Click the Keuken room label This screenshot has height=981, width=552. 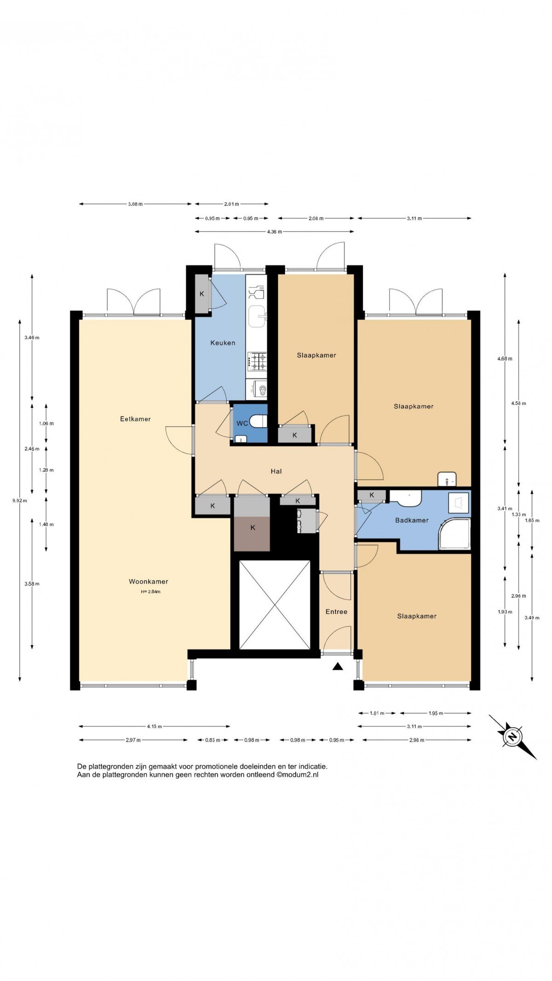coord(223,343)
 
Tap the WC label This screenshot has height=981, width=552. coord(242,423)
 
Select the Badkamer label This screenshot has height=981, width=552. coord(412,520)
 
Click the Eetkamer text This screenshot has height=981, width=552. coord(135,419)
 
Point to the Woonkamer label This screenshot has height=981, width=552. coord(148,582)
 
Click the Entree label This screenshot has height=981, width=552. coord(336,612)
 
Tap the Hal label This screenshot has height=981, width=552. coord(276,471)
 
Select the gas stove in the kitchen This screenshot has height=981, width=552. coord(257,361)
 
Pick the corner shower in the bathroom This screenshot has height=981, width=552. coord(454,534)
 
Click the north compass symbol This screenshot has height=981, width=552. coord(512,737)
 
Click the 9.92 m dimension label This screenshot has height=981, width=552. coord(19,501)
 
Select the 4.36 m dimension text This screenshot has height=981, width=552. coord(274,232)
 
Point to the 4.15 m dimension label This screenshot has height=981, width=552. coord(155,727)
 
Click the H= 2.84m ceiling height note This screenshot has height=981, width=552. coord(150,592)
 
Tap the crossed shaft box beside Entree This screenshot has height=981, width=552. coord(275,605)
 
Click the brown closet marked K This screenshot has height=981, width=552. coord(252,533)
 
